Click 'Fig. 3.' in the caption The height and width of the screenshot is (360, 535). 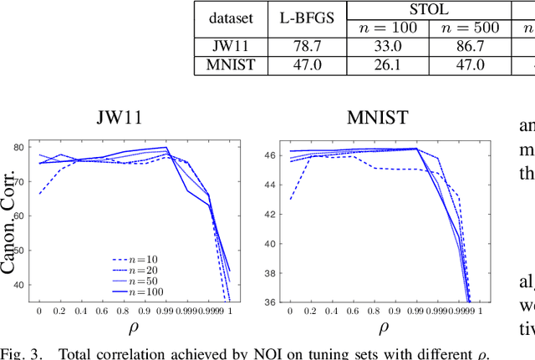tap(23, 352)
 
